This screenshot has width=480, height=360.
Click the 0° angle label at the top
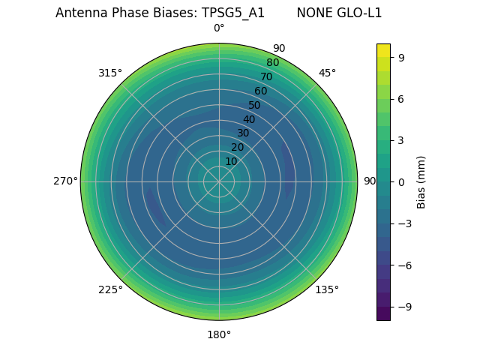[x=219, y=28]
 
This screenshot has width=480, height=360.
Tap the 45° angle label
[x=327, y=73]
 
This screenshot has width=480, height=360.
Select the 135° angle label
[x=327, y=289]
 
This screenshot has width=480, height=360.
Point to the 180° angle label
[x=219, y=334]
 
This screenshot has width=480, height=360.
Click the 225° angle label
[x=110, y=289]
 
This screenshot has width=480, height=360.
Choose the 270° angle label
[x=65, y=181]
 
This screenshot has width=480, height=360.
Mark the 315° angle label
[x=110, y=73]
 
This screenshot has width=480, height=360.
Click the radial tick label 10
[x=231, y=161]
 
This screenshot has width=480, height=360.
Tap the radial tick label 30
[x=243, y=133]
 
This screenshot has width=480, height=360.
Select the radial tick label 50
[x=255, y=105]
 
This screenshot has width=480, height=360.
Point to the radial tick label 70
[x=266, y=76]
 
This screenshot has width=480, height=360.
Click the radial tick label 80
[x=272, y=63]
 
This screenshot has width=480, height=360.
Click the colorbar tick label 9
[x=401, y=56]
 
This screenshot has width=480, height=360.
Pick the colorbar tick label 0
[x=401, y=181]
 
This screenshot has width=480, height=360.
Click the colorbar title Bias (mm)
[x=421, y=181]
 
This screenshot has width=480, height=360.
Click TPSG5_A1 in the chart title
[x=233, y=13]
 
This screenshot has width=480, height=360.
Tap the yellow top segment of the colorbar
[x=383, y=49]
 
